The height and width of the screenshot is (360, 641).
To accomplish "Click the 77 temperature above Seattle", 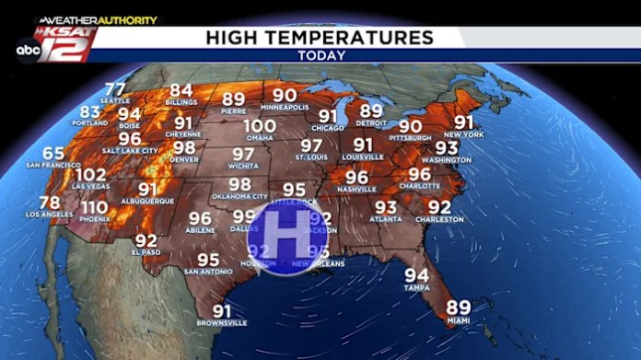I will [x=115, y=88].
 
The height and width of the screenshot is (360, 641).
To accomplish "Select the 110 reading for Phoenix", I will [x=94, y=207].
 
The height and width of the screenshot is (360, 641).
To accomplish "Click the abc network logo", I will [x=26, y=52].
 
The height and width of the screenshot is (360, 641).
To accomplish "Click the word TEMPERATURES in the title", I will [x=371, y=38].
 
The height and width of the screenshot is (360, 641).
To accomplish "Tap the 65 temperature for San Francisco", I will [x=53, y=154].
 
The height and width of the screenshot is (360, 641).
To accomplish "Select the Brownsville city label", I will [x=222, y=323].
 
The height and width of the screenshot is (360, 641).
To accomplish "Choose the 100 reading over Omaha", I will [x=260, y=126].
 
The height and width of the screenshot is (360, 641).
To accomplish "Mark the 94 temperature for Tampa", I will [x=416, y=275].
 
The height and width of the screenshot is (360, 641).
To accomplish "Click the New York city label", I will [x=463, y=134].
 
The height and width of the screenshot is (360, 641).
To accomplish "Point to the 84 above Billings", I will [x=181, y=91].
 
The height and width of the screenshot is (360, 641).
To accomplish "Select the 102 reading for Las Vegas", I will [x=91, y=175].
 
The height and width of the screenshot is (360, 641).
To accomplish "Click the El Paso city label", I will [x=146, y=251].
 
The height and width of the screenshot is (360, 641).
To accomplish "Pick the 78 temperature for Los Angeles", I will [x=50, y=203].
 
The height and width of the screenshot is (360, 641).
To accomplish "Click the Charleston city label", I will [x=439, y=220].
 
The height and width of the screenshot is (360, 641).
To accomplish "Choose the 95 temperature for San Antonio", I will [x=209, y=261].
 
